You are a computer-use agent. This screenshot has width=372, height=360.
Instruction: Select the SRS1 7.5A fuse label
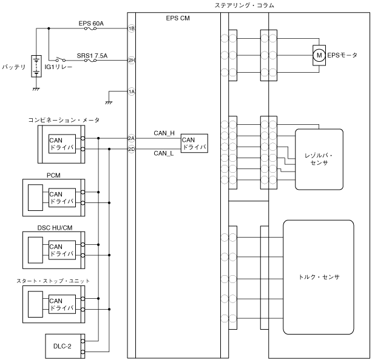(92, 55)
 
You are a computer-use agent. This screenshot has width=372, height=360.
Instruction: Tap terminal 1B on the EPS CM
(131, 28)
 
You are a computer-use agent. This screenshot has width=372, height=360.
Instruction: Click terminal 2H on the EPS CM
(131, 61)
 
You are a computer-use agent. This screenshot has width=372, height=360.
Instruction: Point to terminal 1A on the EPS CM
(131, 92)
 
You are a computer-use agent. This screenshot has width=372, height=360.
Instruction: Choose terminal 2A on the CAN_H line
(131, 138)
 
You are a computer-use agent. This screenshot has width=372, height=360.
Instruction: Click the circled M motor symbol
(318, 56)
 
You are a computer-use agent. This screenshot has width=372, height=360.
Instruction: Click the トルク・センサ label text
(319, 276)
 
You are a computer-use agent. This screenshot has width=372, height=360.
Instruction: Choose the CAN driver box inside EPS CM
(194, 144)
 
